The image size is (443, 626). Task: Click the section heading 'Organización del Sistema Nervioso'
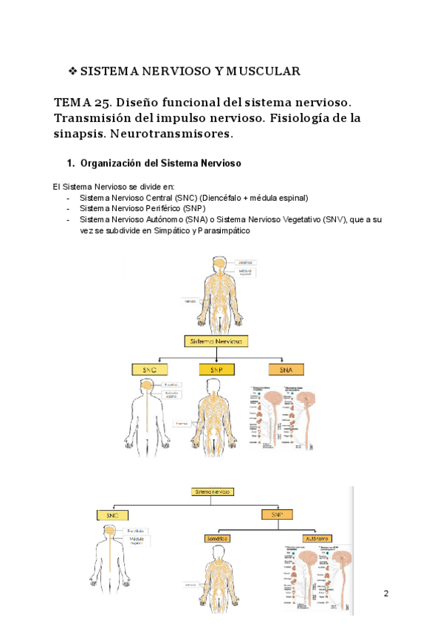tap(159, 162)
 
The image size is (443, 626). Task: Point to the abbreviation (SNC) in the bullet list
tap(186, 198)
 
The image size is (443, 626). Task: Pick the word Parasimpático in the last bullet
tap(223, 230)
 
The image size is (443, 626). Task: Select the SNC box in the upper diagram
tap(150, 369)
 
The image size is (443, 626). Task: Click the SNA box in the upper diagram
tap(285, 369)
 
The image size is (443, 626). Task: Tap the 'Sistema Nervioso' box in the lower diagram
tap(213, 491)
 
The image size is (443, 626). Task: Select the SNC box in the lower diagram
tap(113, 515)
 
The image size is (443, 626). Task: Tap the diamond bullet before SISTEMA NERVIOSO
tap(72, 72)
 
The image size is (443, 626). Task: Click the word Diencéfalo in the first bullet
tap(224, 198)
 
